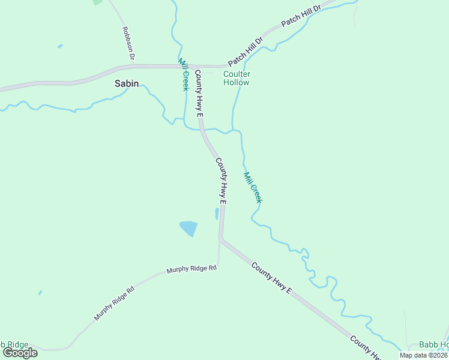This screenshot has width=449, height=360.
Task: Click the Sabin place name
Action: point(127,84)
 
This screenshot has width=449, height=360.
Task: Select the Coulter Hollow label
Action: point(237,78)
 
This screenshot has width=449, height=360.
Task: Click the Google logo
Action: point(20,353)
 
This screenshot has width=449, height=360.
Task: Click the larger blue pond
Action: point(188,228)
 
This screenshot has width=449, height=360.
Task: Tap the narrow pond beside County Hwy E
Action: point(217,214)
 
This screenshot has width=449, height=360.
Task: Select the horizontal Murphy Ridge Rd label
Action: point(191,269)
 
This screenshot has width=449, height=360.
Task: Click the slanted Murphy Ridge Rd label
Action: point(114,303)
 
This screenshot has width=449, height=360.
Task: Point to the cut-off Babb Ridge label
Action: point(14,344)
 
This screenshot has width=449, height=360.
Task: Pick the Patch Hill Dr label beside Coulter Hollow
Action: point(246,52)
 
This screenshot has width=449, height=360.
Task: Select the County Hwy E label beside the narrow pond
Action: point(220,182)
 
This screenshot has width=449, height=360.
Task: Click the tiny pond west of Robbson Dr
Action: point(60,46)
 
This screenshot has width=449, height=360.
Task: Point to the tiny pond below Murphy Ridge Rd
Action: point(40,293)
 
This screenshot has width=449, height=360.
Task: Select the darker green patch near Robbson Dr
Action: point(97,2)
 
